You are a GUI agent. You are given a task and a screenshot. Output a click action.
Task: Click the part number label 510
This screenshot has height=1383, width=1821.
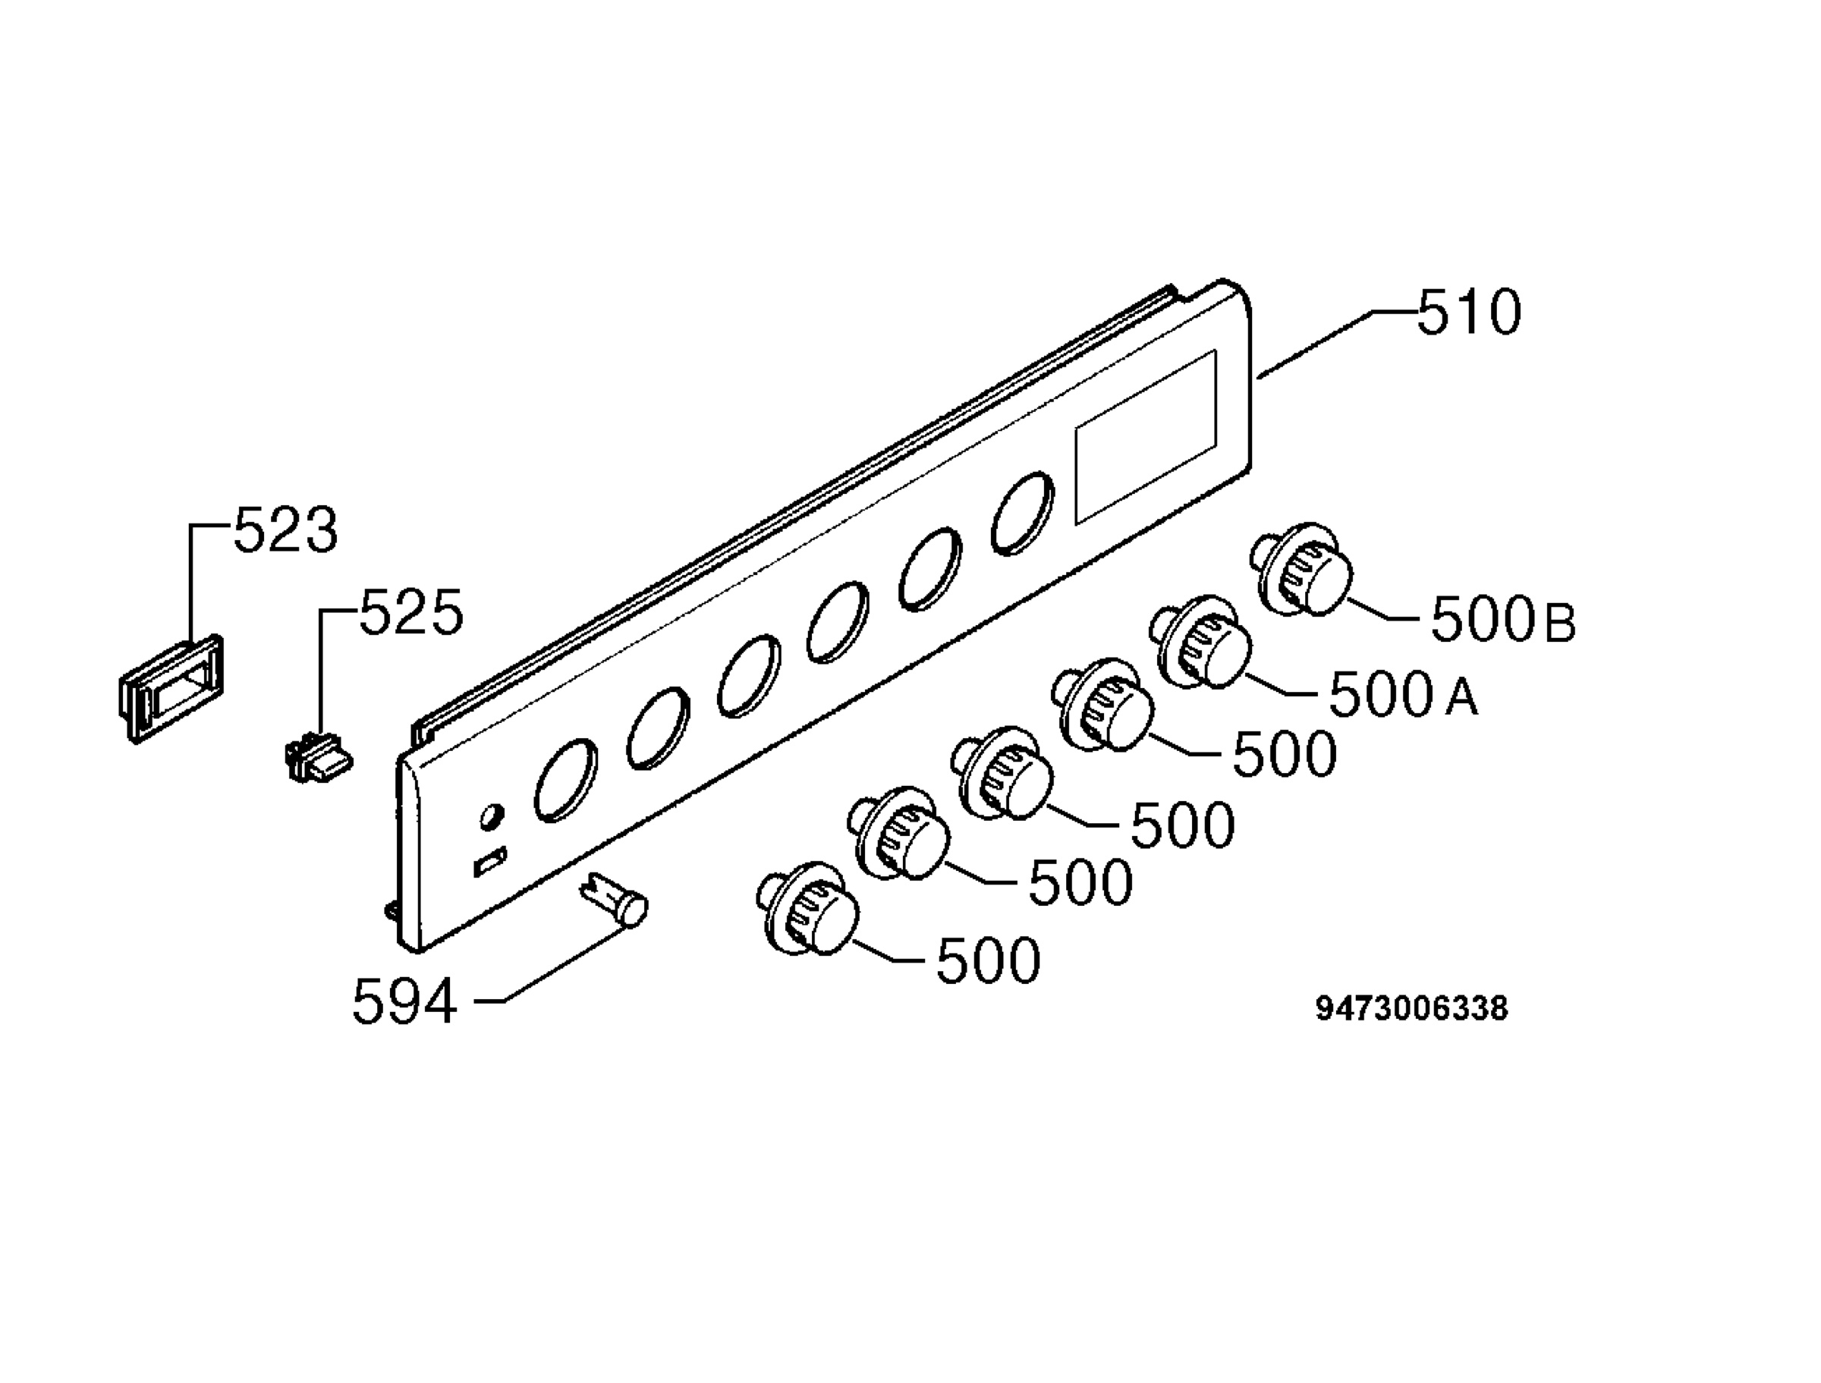click(1469, 313)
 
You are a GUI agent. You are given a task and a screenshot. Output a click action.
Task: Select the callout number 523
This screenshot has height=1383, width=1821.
click(285, 530)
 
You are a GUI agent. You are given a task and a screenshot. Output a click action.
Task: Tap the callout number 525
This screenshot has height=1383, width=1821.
click(411, 613)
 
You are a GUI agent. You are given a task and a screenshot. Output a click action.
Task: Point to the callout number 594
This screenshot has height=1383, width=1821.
click(404, 1002)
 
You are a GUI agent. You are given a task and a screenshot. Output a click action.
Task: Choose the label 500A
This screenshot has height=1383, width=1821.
click(1403, 695)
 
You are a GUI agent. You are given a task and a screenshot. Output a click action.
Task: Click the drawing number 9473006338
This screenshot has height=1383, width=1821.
click(1411, 1009)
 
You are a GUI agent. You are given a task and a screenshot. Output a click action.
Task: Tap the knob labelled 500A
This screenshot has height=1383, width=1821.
click(1200, 641)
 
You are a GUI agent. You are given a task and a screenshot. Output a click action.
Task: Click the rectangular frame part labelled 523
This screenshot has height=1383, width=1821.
click(171, 688)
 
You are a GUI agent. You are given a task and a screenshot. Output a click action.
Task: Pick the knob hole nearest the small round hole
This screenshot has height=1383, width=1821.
click(565, 781)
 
